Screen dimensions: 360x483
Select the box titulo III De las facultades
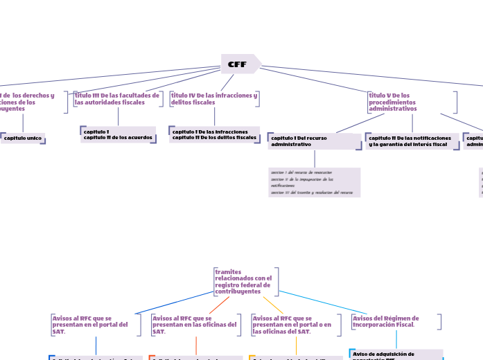point(117,99)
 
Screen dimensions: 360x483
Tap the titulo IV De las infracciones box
point(214,99)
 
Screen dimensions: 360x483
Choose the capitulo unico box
point(23,138)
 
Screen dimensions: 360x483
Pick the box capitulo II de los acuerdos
point(118,134)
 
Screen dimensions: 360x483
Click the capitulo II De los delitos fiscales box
point(214,134)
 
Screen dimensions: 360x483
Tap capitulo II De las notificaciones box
point(412,141)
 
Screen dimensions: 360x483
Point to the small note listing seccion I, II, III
point(314,182)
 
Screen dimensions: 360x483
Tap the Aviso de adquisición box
point(396,354)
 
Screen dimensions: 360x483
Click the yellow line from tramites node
point(273,305)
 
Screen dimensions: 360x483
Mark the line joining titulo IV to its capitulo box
point(214,116)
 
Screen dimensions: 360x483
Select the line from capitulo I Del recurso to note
point(315,159)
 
